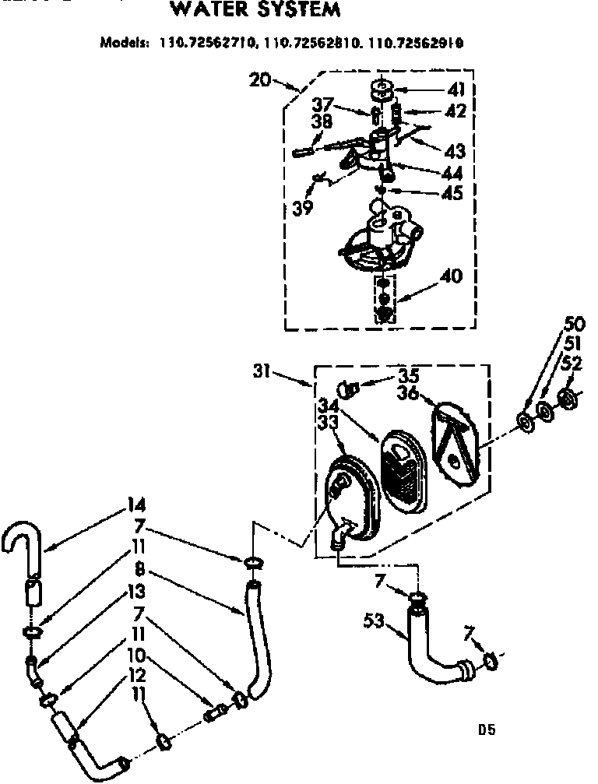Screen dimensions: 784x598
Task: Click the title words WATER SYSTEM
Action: pyautogui.click(x=255, y=10)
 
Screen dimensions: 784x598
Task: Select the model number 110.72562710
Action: pyautogui.click(x=209, y=44)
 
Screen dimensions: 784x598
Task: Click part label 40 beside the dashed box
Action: pyautogui.click(x=452, y=276)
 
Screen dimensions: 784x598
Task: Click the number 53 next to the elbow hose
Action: pyautogui.click(x=375, y=621)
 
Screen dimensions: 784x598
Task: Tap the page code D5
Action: pyautogui.click(x=487, y=730)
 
